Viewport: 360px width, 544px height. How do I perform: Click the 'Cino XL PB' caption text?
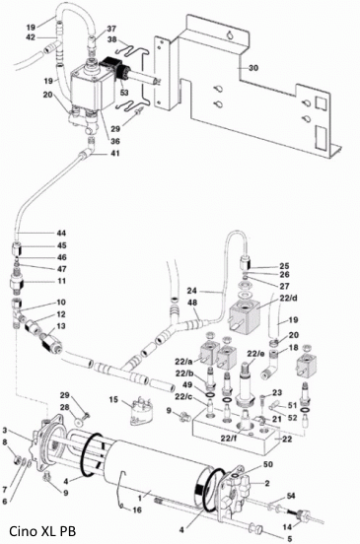coord(42,531)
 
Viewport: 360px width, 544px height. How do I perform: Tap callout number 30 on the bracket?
coord(253,68)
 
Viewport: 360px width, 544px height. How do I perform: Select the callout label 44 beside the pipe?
coord(61,234)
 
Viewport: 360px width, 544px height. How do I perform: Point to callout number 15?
coord(113,400)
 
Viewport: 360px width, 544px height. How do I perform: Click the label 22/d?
coord(288,299)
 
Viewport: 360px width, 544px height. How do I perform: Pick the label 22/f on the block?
coord(230,439)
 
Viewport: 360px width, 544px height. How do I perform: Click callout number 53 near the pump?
coord(124,93)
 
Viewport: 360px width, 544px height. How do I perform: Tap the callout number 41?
coord(115,153)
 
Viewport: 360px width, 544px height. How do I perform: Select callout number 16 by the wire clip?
coord(137,510)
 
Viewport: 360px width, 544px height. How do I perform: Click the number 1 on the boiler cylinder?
coord(140,499)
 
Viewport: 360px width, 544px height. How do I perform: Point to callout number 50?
coord(268,464)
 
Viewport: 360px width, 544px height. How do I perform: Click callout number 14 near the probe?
coord(287,527)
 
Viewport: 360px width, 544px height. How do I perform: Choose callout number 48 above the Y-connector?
coord(192,303)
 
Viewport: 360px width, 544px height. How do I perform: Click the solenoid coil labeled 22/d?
coord(245,313)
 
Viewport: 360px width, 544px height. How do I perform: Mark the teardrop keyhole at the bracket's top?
coord(229,34)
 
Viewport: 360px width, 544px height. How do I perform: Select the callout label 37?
coord(111,29)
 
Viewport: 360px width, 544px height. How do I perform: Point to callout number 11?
coord(61,281)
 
